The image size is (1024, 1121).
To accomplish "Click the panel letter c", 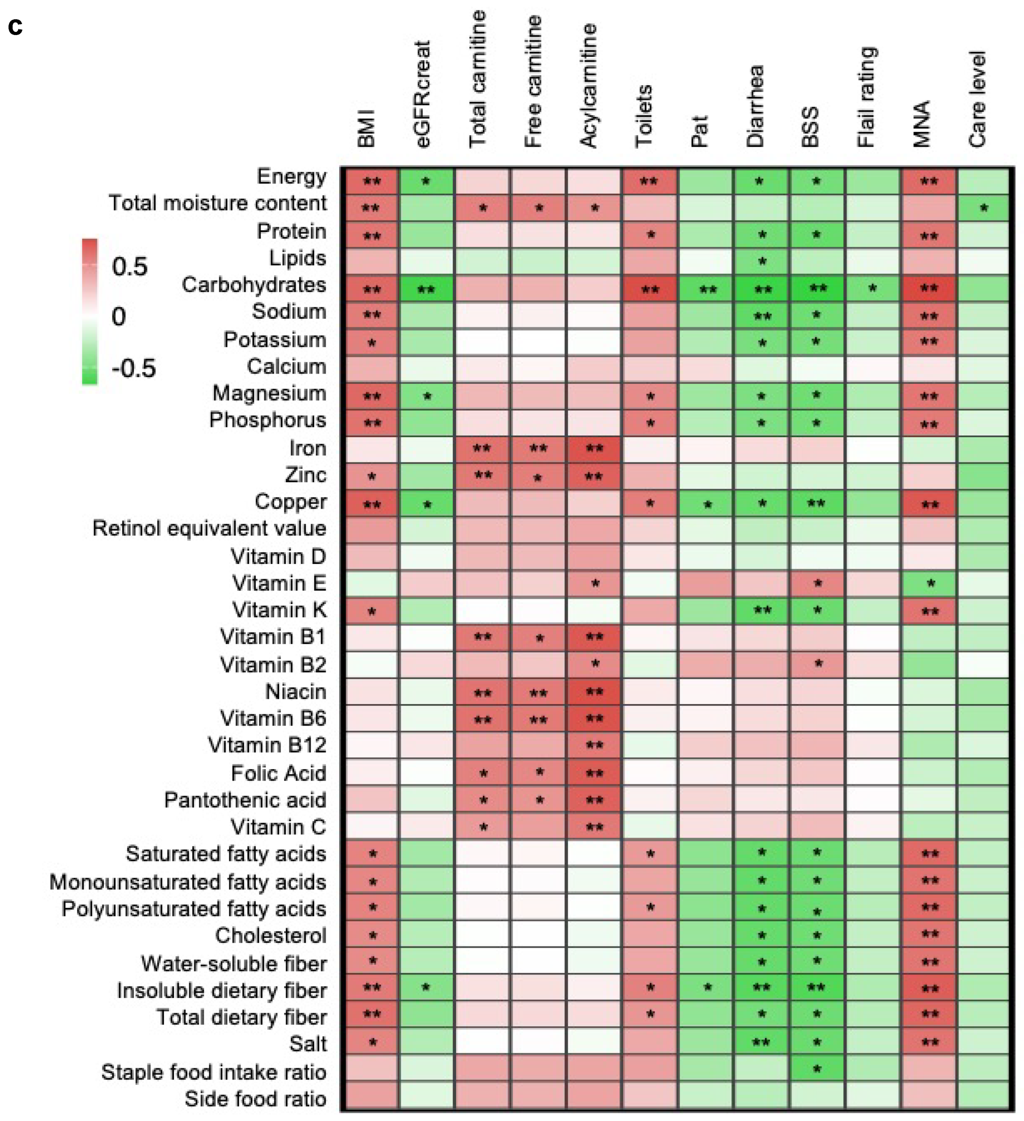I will pos(15,26).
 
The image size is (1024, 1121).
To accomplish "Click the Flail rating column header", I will pos(866,97).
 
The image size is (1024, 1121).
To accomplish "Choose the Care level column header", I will pos(978,100).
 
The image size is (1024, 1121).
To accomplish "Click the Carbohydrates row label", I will pos(254,285).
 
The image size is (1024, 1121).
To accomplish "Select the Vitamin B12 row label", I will pos(267,745).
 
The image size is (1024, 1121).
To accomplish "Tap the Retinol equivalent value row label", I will pos(209,528).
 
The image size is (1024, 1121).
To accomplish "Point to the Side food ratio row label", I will pos(255,1099).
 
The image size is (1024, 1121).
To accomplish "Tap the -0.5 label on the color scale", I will pos(133,368).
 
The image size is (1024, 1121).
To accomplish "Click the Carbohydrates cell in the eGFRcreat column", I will pos(426,289).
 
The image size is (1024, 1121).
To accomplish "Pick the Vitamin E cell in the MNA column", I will pos(929,584).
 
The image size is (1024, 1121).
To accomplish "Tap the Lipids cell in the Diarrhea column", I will pos(761,262).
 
